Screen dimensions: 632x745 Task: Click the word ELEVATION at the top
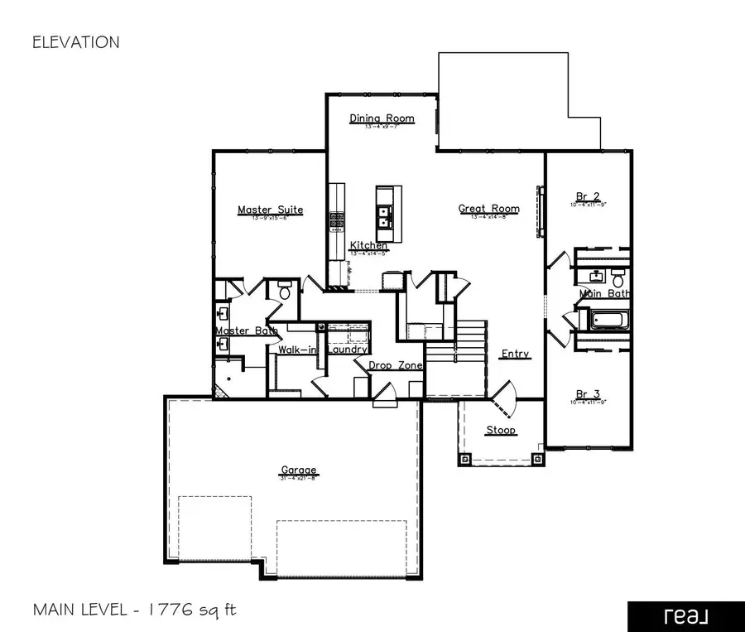[75, 42]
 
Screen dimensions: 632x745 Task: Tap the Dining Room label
[382, 118]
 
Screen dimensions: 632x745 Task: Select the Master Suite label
[270, 210]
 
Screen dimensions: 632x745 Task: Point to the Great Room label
[489, 209]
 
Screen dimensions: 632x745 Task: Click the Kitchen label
[368, 245]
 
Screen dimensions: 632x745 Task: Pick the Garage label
[298, 470]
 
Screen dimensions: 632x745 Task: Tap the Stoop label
[501, 430]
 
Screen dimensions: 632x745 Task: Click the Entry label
[515, 354]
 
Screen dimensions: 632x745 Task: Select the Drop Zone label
[396, 365]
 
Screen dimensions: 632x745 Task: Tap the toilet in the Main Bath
[618, 282]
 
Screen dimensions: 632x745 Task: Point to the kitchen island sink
[385, 217]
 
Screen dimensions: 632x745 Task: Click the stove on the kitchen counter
[337, 220]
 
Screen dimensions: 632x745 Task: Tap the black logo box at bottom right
[685, 616]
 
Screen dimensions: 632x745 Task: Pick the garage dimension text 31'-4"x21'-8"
[298, 479]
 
